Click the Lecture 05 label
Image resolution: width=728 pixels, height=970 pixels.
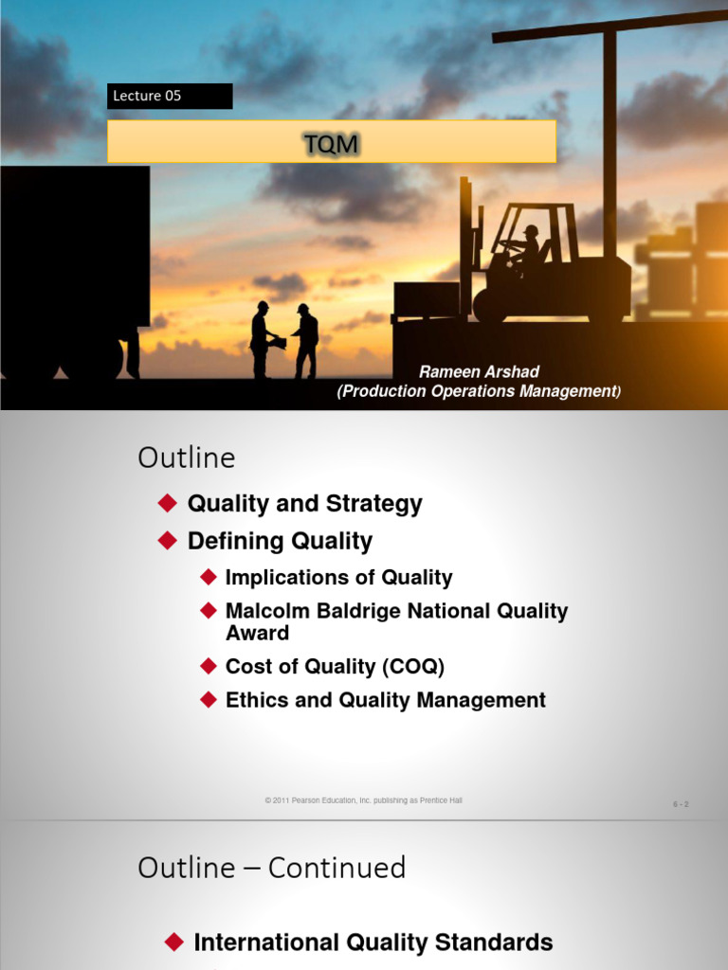147,96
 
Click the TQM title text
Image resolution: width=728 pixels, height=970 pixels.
331,143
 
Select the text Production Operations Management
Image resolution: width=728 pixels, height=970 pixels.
479,391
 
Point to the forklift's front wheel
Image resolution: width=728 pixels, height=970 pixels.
491,305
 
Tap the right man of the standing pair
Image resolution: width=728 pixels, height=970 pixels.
305,339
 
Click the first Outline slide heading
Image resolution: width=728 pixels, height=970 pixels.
187,458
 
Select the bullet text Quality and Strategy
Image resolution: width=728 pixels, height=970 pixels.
304,504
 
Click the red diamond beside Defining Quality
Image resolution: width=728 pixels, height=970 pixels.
168,541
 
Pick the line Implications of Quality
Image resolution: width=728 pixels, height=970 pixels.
338,578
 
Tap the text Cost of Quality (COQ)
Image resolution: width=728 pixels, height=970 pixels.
335,667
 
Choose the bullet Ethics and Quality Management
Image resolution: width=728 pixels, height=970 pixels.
385,700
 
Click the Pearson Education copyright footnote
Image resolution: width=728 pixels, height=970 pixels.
364,800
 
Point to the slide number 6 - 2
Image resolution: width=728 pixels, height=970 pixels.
681,804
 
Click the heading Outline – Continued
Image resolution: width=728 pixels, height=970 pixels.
271,868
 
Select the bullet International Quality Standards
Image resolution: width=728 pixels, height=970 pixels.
373,943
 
